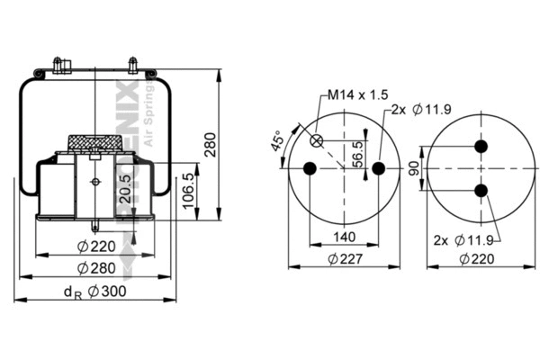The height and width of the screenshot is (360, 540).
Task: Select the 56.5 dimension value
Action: coord(357,153)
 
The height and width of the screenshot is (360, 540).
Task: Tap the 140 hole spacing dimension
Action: coord(344,238)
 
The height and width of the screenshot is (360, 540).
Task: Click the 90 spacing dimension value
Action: coord(414,168)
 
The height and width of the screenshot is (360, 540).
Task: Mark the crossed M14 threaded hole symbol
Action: coord(317,140)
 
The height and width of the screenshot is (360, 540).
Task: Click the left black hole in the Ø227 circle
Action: coord(310,168)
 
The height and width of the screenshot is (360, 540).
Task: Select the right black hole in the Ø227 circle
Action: coord(378,168)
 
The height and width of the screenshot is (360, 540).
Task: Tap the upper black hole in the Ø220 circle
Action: coord(481,147)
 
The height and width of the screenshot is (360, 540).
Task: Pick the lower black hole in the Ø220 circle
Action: coord(481,190)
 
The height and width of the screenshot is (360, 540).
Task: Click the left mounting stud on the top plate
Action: coord(58,66)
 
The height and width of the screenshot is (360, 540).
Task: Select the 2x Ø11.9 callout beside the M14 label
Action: coord(419,109)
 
